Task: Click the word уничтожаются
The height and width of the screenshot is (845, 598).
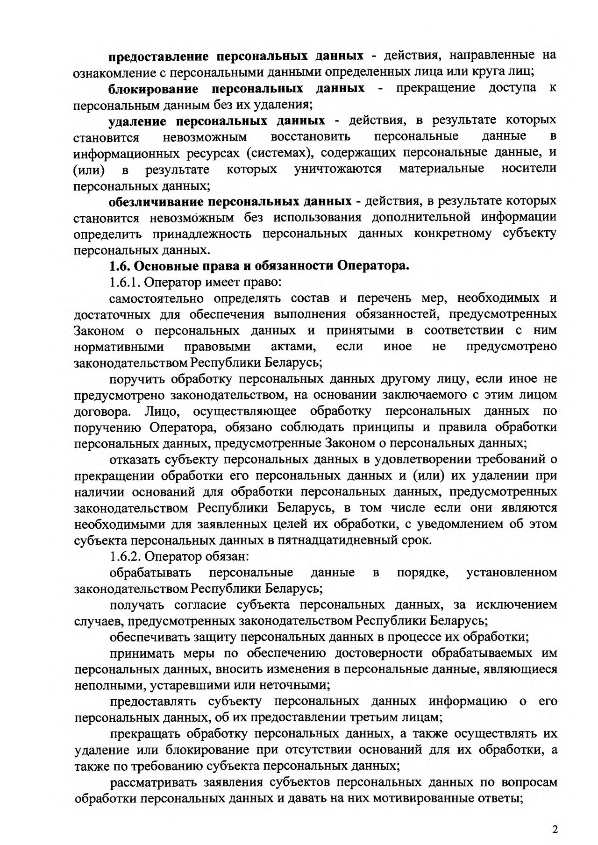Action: [x=338, y=169]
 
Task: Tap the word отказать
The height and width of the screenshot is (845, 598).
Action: [x=134, y=460]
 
